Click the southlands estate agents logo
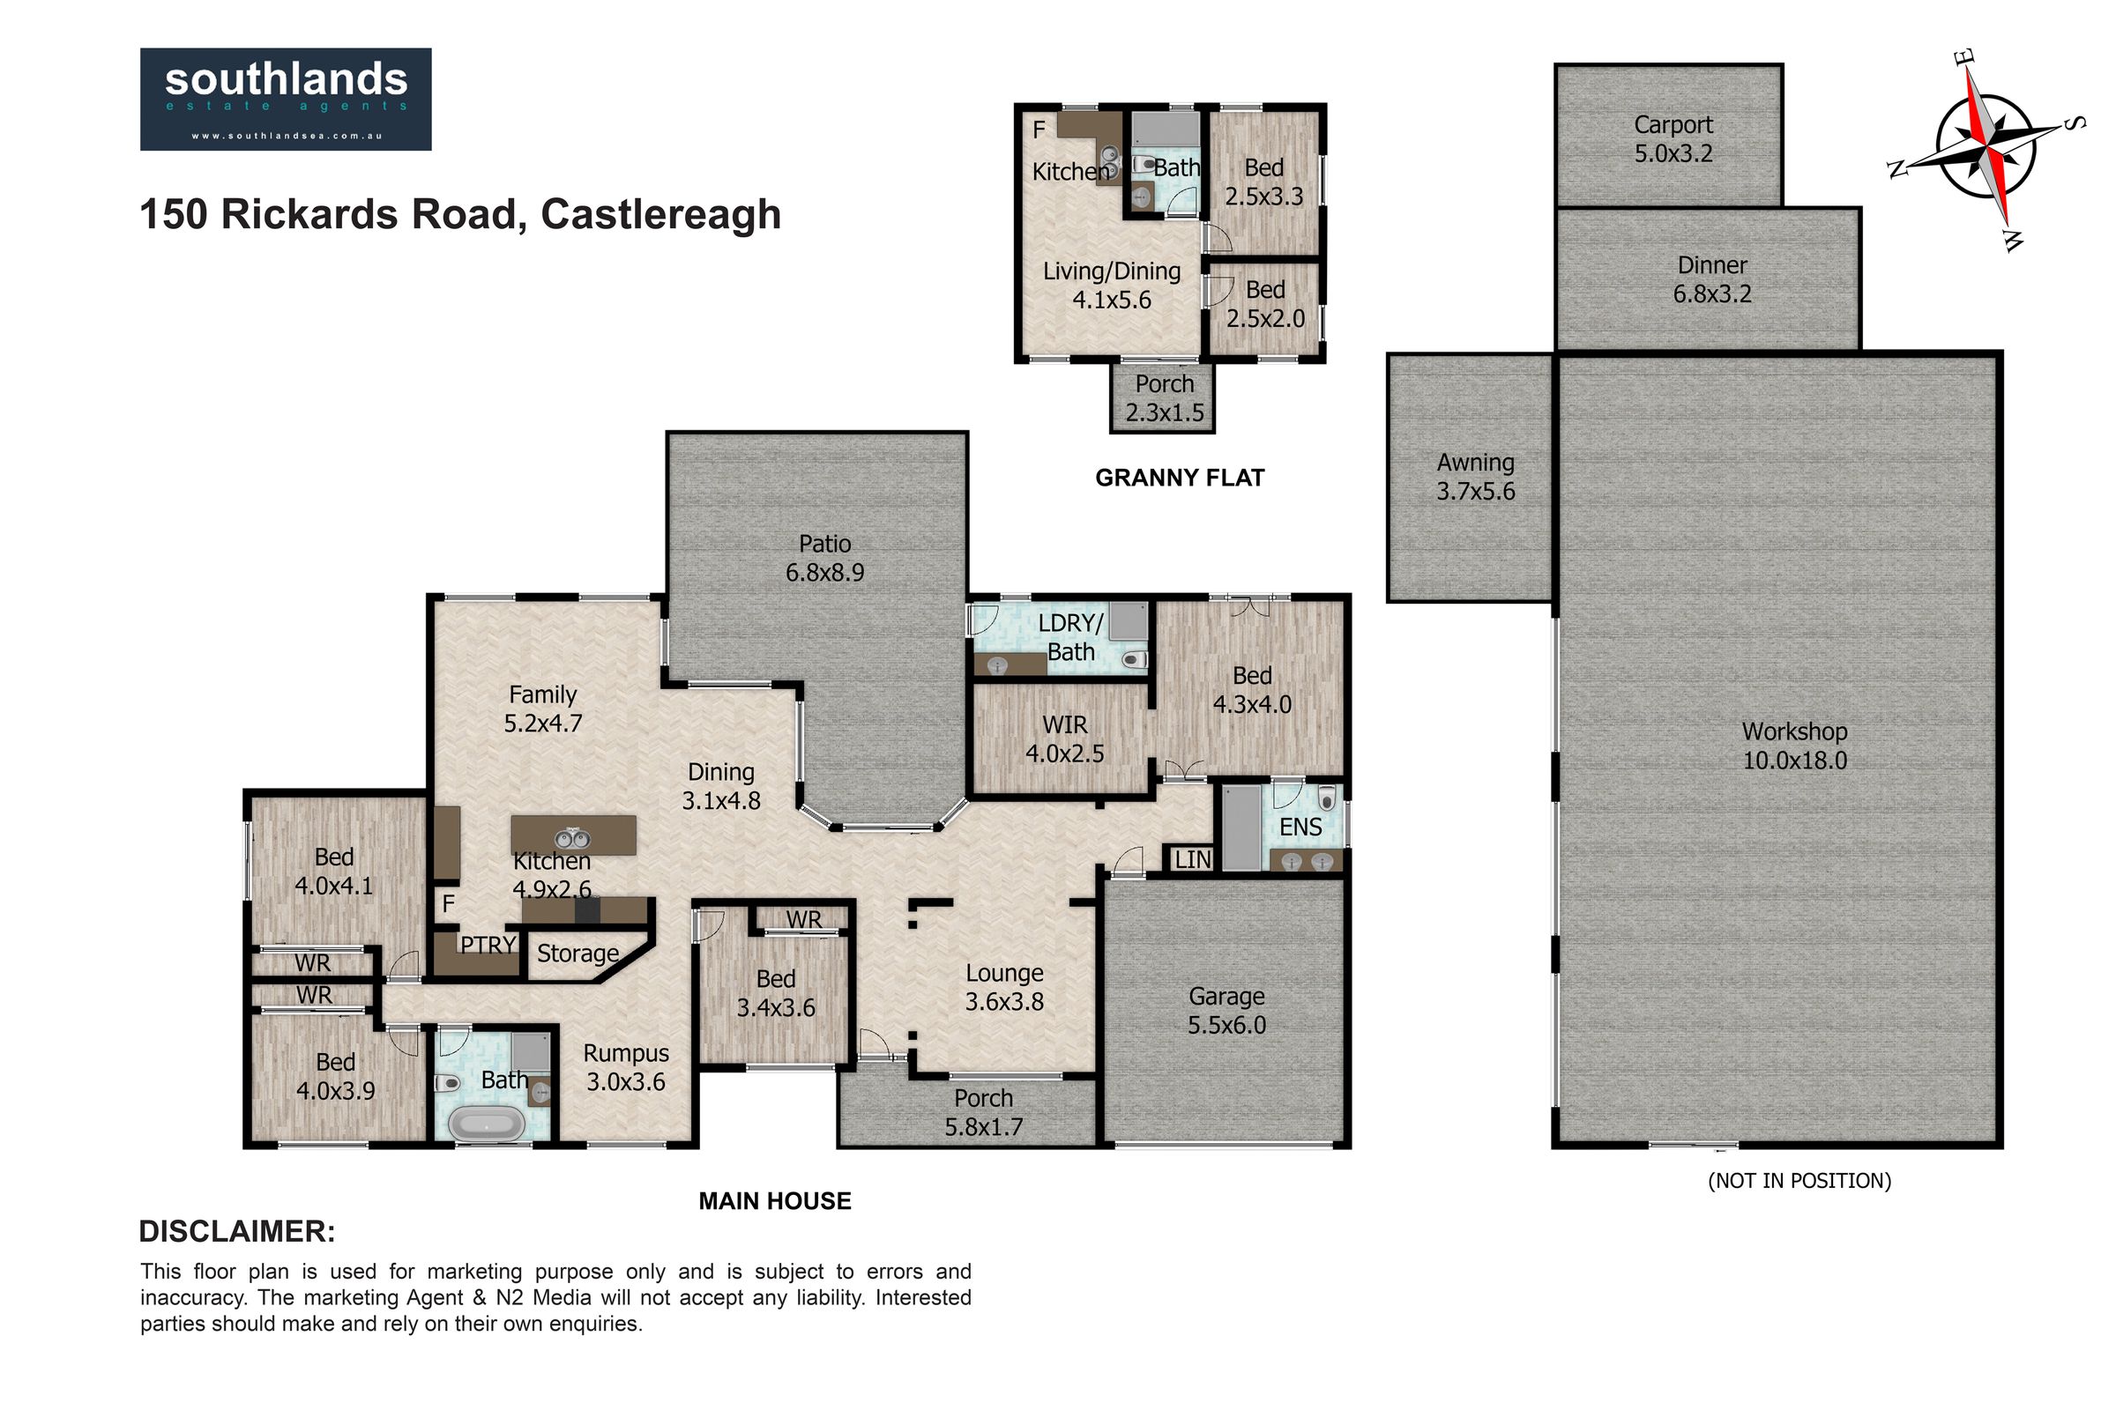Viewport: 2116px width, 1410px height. pyautogui.click(x=285, y=99)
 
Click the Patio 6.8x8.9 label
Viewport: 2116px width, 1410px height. pyautogui.click(x=824, y=558)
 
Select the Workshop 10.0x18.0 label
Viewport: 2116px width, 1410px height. pyautogui.click(x=1794, y=746)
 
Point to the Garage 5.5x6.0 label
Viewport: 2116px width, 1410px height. pyautogui.click(x=1226, y=1010)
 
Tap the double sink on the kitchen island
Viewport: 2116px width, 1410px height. pyautogui.click(x=572, y=839)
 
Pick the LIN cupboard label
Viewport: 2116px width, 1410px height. pyautogui.click(x=1193, y=860)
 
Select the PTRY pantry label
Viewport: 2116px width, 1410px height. pyautogui.click(x=488, y=945)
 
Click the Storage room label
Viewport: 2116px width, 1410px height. pyautogui.click(x=577, y=954)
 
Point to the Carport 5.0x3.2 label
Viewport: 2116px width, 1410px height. pyautogui.click(x=1673, y=138)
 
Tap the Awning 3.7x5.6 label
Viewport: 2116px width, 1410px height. pyautogui.click(x=1475, y=477)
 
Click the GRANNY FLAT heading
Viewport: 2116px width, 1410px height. pyautogui.click(x=1180, y=478)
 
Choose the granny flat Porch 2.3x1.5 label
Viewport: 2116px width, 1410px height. pyautogui.click(x=1164, y=397)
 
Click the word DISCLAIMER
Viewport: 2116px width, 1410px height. pyautogui.click(x=236, y=1231)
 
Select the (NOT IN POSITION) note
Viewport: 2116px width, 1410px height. pyautogui.click(x=1799, y=1181)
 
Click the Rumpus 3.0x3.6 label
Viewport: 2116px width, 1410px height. pyautogui.click(x=626, y=1066)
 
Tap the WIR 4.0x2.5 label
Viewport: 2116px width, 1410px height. pyautogui.click(x=1064, y=738)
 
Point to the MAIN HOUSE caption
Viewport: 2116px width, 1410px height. pyautogui.click(x=775, y=1200)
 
